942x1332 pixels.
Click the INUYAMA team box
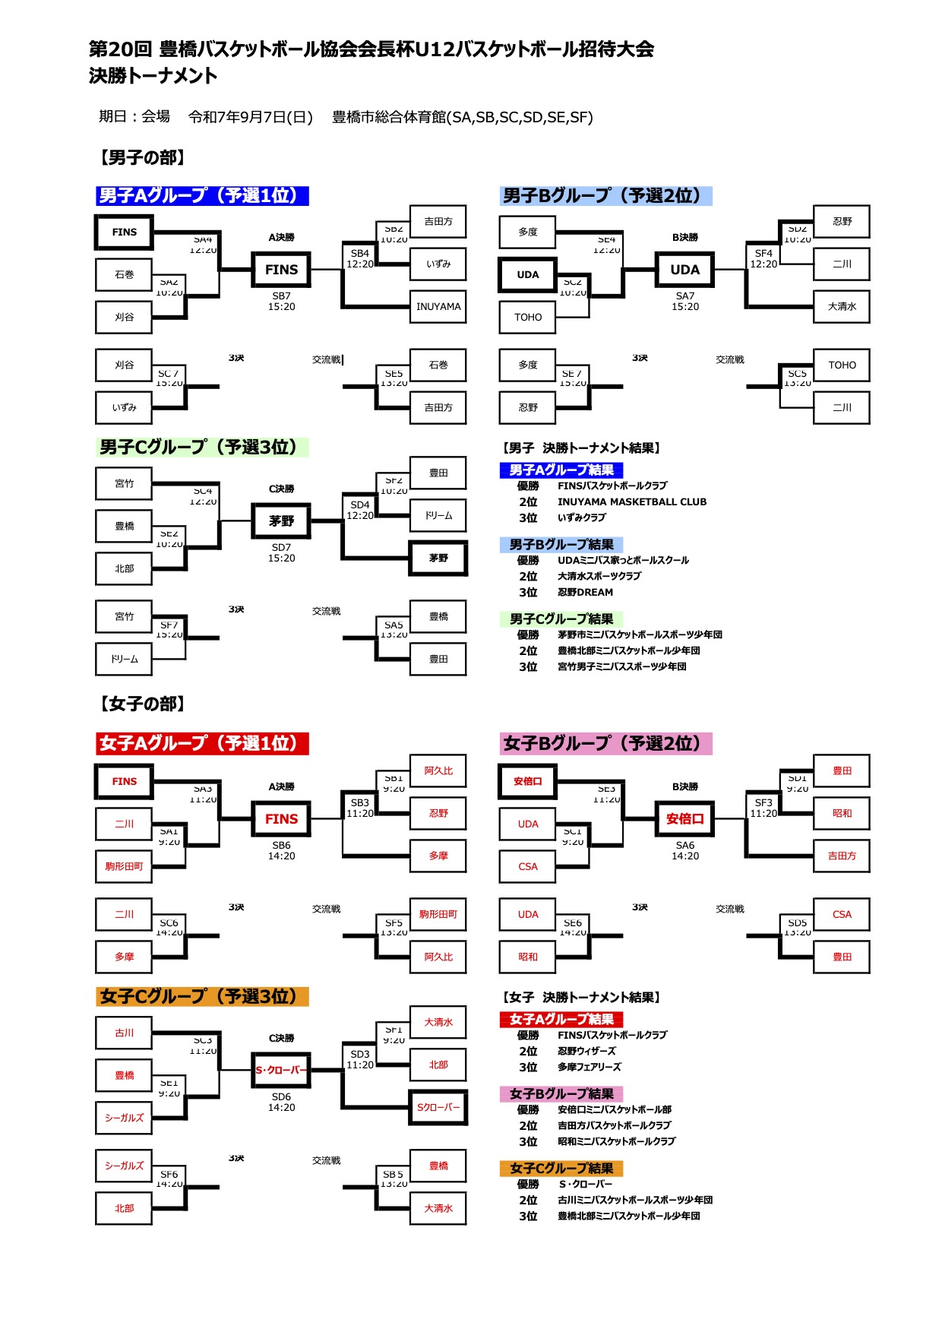pyautogui.click(x=438, y=307)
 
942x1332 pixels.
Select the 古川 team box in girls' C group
pyautogui.click(x=124, y=1033)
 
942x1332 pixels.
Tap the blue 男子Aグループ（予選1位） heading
pyautogui.click(x=202, y=195)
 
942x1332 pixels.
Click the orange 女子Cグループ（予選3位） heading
pyautogui.click(x=202, y=996)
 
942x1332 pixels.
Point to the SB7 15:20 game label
pyautogui.click(x=281, y=302)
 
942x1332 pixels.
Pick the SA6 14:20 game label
pyautogui.click(x=684, y=850)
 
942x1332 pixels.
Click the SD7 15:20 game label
pyautogui.click(x=281, y=552)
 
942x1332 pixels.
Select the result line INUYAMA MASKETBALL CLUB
pyautogui.click(x=631, y=501)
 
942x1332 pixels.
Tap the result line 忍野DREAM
pyautogui.click(x=585, y=592)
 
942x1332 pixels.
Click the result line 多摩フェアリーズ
pyautogui.click(x=589, y=1067)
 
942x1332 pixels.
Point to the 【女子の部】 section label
pyautogui.click(x=142, y=704)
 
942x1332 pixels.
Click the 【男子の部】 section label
pyautogui.click(x=142, y=157)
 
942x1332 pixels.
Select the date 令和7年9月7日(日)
pyautogui.click(x=251, y=117)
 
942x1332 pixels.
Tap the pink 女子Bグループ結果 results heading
pyautogui.click(x=561, y=1093)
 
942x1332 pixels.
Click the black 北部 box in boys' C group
pyautogui.click(x=124, y=568)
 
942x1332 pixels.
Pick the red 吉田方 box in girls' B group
pyautogui.click(x=842, y=856)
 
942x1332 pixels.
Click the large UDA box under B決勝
pyautogui.click(x=684, y=270)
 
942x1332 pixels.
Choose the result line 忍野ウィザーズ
pyautogui.click(x=586, y=1051)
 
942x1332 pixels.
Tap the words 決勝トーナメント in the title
pyautogui.click(x=153, y=75)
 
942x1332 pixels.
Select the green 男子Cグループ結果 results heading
pyautogui.click(x=561, y=619)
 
